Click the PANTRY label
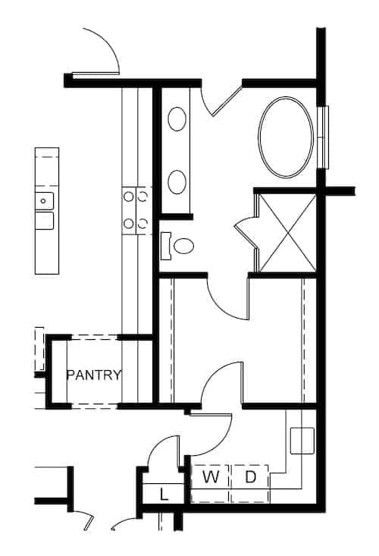click(x=94, y=375)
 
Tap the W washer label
click(x=211, y=477)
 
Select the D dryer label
click(x=250, y=477)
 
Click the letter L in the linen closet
click(x=163, y=495)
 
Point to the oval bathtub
click(x=287, y=137)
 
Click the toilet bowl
click(x=184, y=246)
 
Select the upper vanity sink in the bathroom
click(x=177, y=119)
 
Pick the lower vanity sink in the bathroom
click(x=177, y=182)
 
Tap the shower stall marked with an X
click(x=287, y=233)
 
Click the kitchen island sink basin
click(x=44, y=201)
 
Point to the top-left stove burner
click(x=128, y=196)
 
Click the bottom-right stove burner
click(x=143, y=224)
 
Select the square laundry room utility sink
click(x=302, y=441)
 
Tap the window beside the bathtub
click(x=325, y=137)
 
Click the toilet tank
click(x=166, y=246)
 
